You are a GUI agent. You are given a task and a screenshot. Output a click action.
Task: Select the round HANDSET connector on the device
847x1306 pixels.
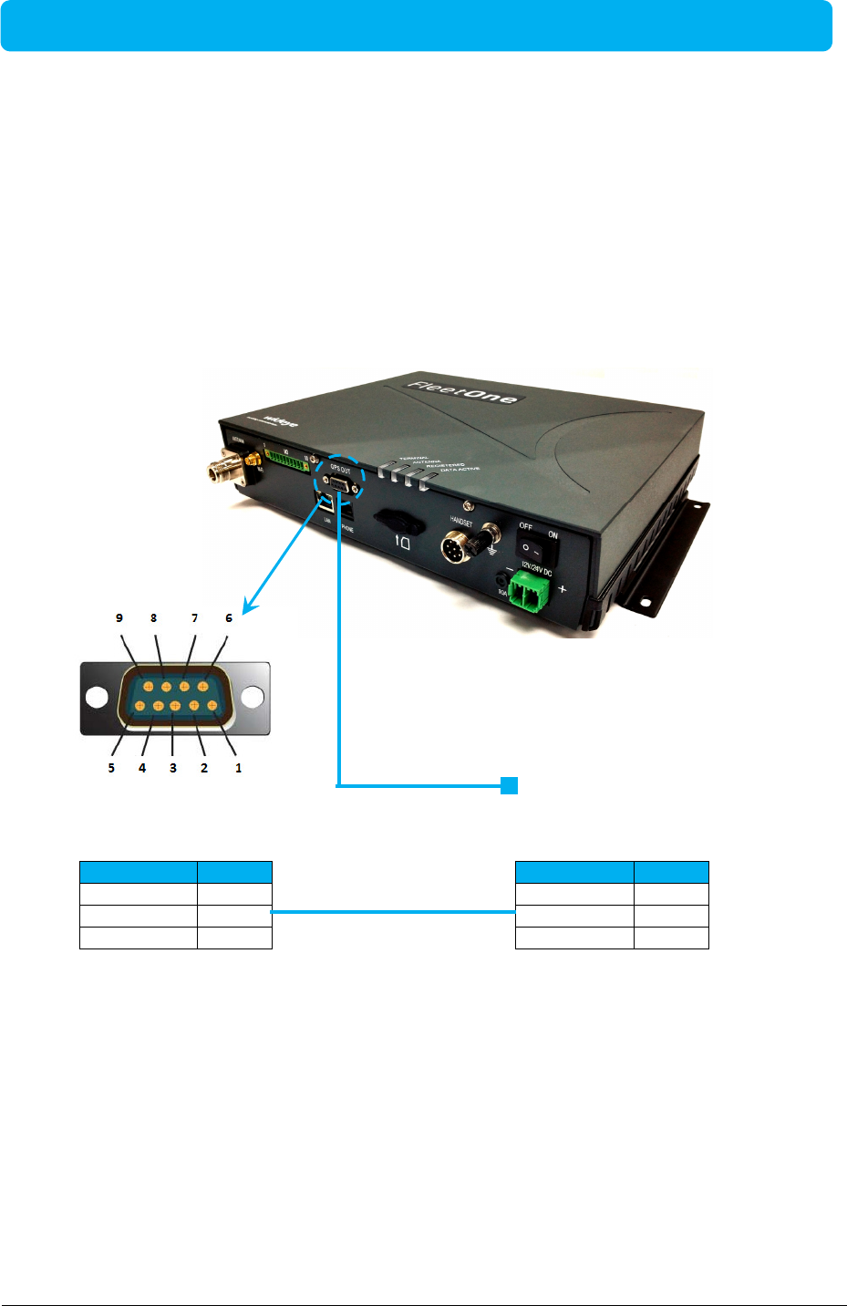(455, 549)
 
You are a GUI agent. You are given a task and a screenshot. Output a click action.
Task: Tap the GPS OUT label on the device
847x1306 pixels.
(340, 471)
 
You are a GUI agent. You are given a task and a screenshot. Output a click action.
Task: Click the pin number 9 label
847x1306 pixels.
(119, 618)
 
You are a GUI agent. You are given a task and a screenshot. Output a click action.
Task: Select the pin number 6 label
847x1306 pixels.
(229, 618)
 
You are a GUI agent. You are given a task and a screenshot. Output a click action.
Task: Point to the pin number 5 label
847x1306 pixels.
(111, 768)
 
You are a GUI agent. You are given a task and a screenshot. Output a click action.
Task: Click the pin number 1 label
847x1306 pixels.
(239, 768)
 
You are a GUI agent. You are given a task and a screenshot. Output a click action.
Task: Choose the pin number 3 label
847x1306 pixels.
(173, 768)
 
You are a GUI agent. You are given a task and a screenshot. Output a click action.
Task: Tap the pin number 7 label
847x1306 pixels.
(194, 618)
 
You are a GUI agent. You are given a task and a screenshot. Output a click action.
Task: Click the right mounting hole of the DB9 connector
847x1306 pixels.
(253, 699)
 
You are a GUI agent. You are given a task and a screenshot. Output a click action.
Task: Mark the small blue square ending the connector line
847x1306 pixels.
(509, 785)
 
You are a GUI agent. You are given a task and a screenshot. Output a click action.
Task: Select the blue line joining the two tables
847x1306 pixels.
(393, 911)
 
